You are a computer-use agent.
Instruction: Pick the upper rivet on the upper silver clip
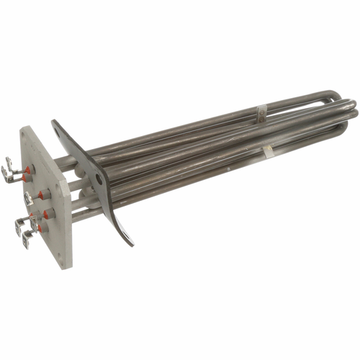point(261,109)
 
